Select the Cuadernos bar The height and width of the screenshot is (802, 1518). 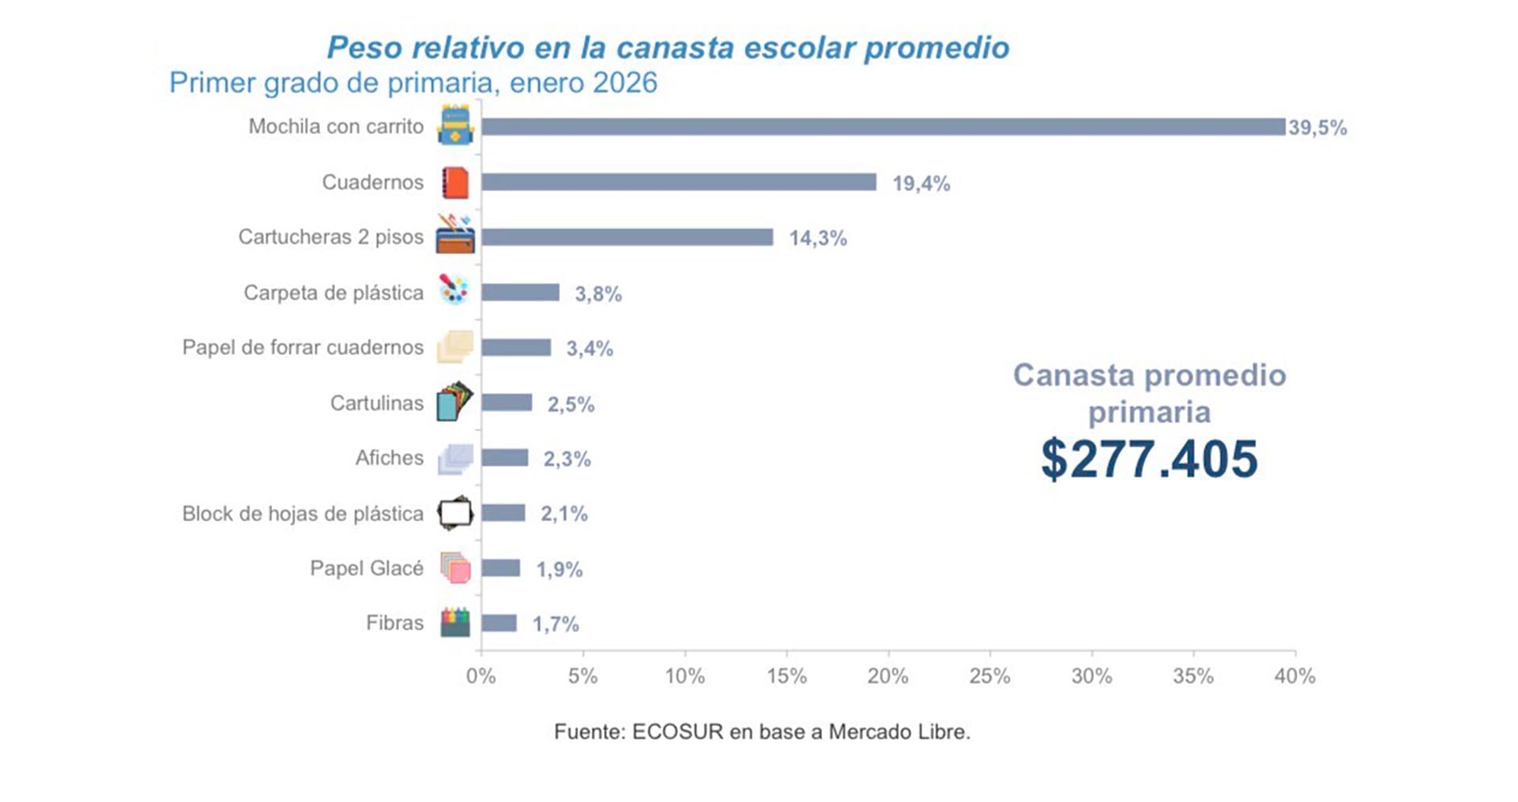click(x=678, y=183)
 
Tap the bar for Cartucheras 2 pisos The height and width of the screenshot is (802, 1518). click(x=627, y=237)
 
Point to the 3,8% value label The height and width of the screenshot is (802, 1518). click(x=598, y=294)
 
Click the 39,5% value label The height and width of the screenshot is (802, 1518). click(x=1317, y=128)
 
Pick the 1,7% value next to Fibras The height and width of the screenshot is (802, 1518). click(x=555, y=624)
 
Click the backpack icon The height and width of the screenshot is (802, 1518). click(x=455, y=126)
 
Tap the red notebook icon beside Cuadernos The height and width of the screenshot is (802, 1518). click(x=455, y=183)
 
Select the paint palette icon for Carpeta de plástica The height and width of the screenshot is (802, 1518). click(x=455, y=290)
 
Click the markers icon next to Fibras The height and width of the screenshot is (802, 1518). click(x=455, y=622)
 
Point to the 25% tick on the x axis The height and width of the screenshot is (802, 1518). click(x=989, y=676)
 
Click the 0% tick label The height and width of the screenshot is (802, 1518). click(x=481, y=676)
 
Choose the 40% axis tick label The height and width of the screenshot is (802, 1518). click(x=1294, y=676)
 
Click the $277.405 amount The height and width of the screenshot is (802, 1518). click(x=1149, y=459)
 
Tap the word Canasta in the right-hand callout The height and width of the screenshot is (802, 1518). click(x=1069, y=375)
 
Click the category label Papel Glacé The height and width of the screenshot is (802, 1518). click(x=366, y=568)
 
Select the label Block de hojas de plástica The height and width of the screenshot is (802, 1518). click(x=303, y=514)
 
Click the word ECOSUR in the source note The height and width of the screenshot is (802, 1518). click(x=678, y=732)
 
